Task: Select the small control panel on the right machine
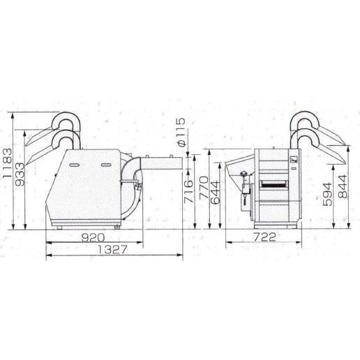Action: [x=294, y=160]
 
